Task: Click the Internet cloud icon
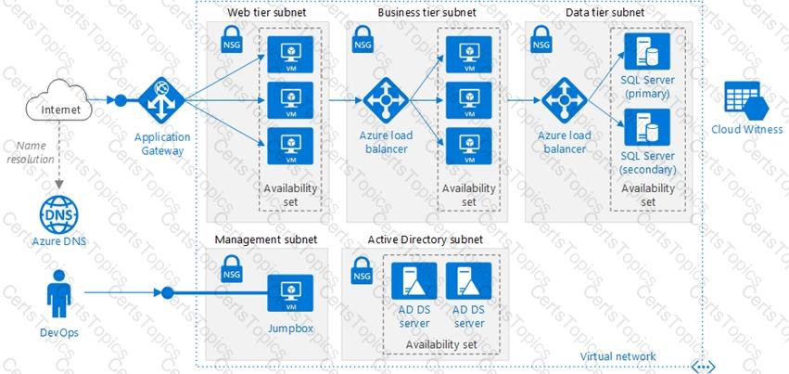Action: tap(54, 110)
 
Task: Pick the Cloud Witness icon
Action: tap(746, 100)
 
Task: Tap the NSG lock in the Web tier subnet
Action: tap(232, 40)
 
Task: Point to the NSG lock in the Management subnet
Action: tap(232, 271)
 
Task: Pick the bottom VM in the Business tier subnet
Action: tap(468, 147)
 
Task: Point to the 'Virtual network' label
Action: tap(617, 356)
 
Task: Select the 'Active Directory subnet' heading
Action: tap(425, 240)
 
